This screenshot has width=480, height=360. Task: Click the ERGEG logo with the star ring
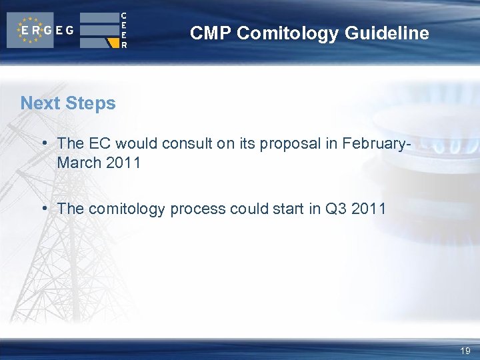tap(40, 30)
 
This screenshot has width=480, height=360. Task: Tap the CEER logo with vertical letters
tap(104, 30)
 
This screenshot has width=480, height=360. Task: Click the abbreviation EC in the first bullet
tap(97, 143)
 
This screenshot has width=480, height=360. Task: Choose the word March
tap(79, 163)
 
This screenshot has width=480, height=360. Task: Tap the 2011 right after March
tap(123, 163)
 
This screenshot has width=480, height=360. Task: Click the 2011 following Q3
tap(369, 209)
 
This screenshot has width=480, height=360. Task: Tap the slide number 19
tap(465, 351)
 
